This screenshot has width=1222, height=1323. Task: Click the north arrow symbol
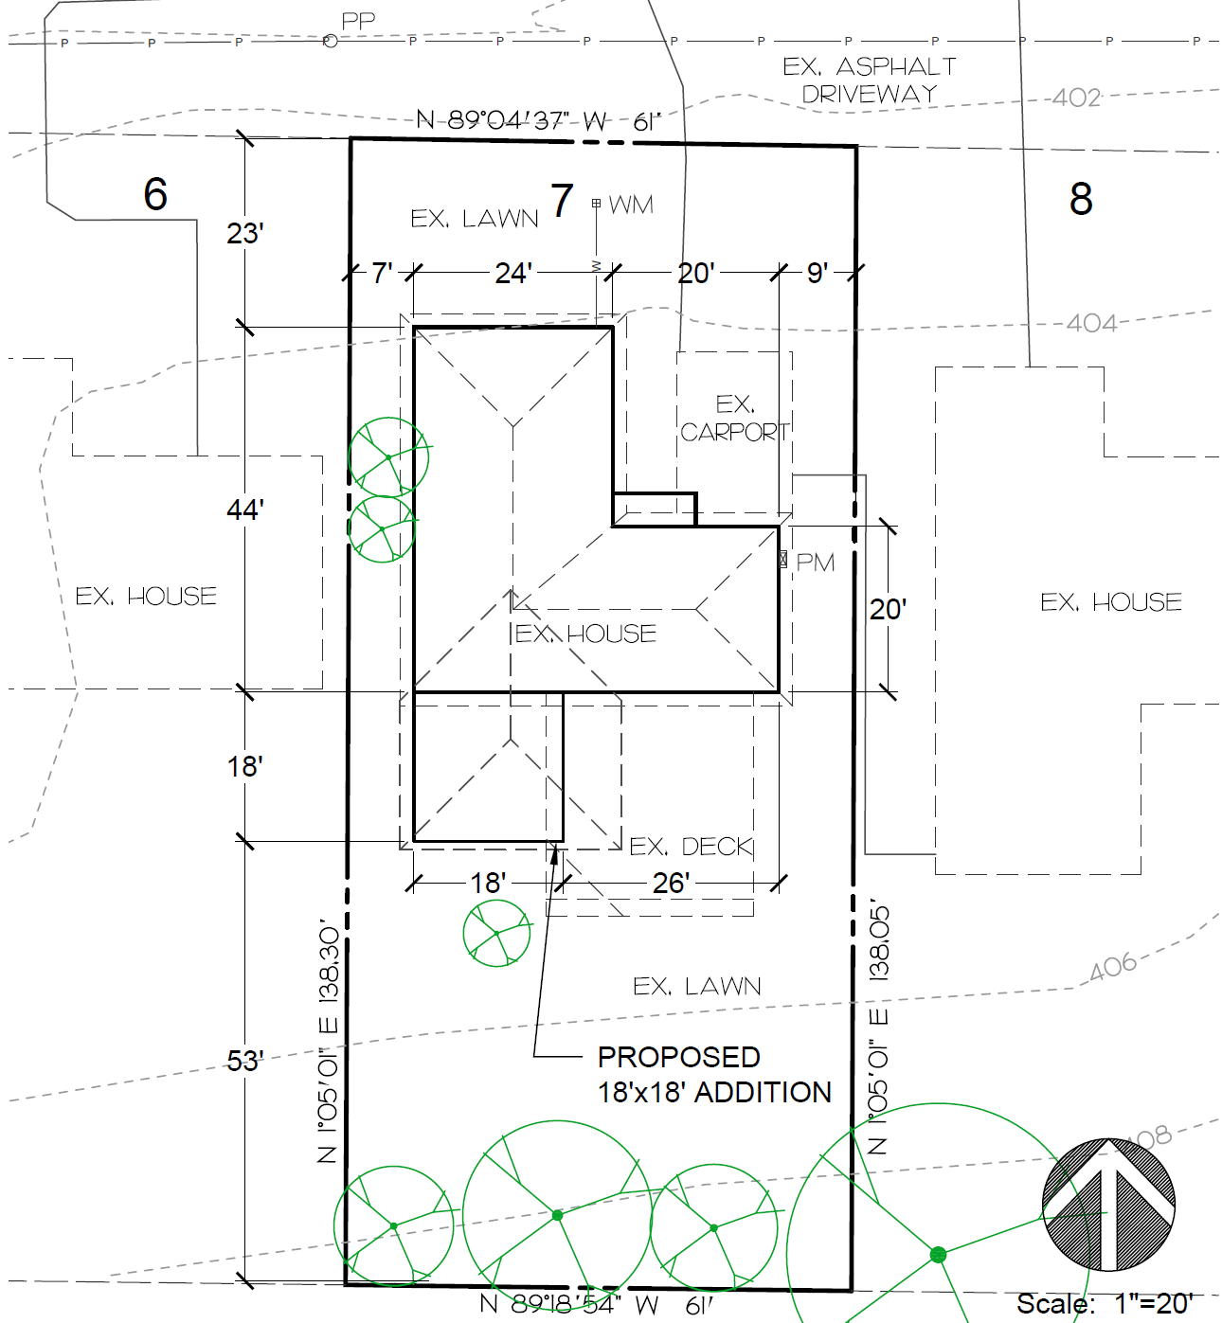click(1108, 1205)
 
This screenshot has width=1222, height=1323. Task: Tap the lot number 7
click(562, 200)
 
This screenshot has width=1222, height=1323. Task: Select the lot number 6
click(155, 194)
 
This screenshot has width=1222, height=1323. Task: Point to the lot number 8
click(1081, 199)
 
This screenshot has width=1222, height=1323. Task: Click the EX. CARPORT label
click(735, 419)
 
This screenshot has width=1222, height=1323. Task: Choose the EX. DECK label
click(691, 846)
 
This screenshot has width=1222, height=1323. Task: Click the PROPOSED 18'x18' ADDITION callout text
click(714, 1075)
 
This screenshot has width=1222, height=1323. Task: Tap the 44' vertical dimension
click(244, 510)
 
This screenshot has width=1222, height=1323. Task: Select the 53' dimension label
click(244, 1062)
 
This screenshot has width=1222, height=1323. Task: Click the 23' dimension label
click(244, 234)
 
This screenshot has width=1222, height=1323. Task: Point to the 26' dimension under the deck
click(671, 884)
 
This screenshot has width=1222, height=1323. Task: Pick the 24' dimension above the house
click(513, 273)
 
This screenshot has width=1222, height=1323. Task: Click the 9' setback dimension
click(818, 273)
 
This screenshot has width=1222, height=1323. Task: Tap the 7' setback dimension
click(382, 273)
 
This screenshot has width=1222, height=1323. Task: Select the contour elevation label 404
click(1090, 324)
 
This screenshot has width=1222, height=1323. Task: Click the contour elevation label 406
click(1113, 967)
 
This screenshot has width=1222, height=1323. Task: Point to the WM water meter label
click(631, 205)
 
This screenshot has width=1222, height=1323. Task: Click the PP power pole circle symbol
click(330, 42)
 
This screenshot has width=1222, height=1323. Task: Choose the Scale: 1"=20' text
click(1105, 1304)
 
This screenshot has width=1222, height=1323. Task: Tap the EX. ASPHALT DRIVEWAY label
click(870, 80)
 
